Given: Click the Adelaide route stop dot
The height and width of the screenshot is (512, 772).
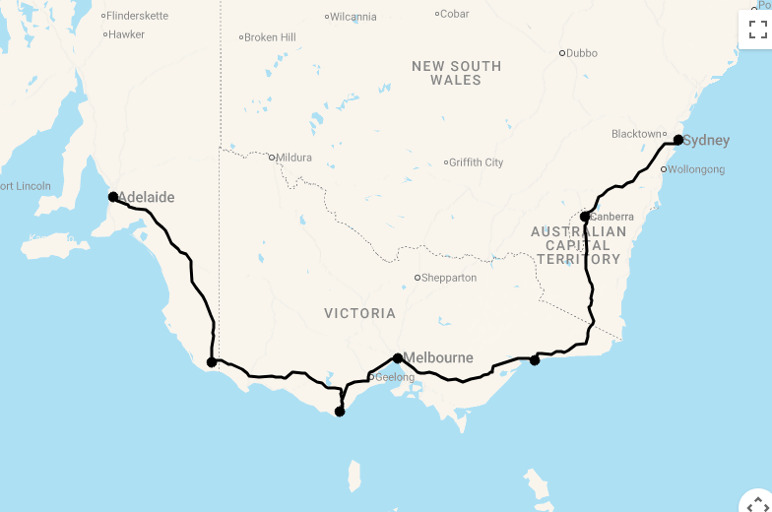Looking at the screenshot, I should (x=113, y=197).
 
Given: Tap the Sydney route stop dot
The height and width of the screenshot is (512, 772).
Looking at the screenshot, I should (x=678, y=140).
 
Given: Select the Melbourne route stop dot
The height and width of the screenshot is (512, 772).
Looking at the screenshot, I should (x=398, y=358).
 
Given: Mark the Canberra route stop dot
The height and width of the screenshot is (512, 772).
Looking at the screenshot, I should (x=585, y=217).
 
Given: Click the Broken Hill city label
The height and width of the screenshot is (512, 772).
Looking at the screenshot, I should (x=270, y=37).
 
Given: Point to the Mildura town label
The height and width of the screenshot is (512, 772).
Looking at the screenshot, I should (x=293, y=158).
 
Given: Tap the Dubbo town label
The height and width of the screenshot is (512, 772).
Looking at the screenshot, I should (x=581, y=53).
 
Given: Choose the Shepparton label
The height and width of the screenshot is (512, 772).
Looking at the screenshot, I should (x=449, y=278).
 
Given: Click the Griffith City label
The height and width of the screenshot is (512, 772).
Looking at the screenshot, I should (x=477, y=162).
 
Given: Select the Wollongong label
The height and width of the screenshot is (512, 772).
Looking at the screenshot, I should (x=697, y=169).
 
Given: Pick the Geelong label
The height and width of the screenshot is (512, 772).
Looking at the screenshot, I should (x=395, y=377).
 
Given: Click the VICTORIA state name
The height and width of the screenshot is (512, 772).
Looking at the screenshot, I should (x=359, y=313).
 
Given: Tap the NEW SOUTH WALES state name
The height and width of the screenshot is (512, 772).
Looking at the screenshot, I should (x=456, y=73).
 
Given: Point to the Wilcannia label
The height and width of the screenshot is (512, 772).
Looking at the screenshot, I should (x=354, y=17).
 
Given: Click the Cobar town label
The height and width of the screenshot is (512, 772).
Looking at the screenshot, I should (x=455, y=14).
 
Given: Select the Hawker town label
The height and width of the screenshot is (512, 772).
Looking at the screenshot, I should (x=127, y=34).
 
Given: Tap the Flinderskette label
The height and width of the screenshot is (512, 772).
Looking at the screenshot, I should (x=138, y=16).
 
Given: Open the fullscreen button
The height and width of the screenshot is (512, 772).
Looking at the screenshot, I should (x=757, y=30).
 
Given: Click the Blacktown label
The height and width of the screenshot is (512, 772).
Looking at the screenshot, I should (x=636, y=134).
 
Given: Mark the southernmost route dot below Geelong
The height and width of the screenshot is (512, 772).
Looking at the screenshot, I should (x=340, y=412).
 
